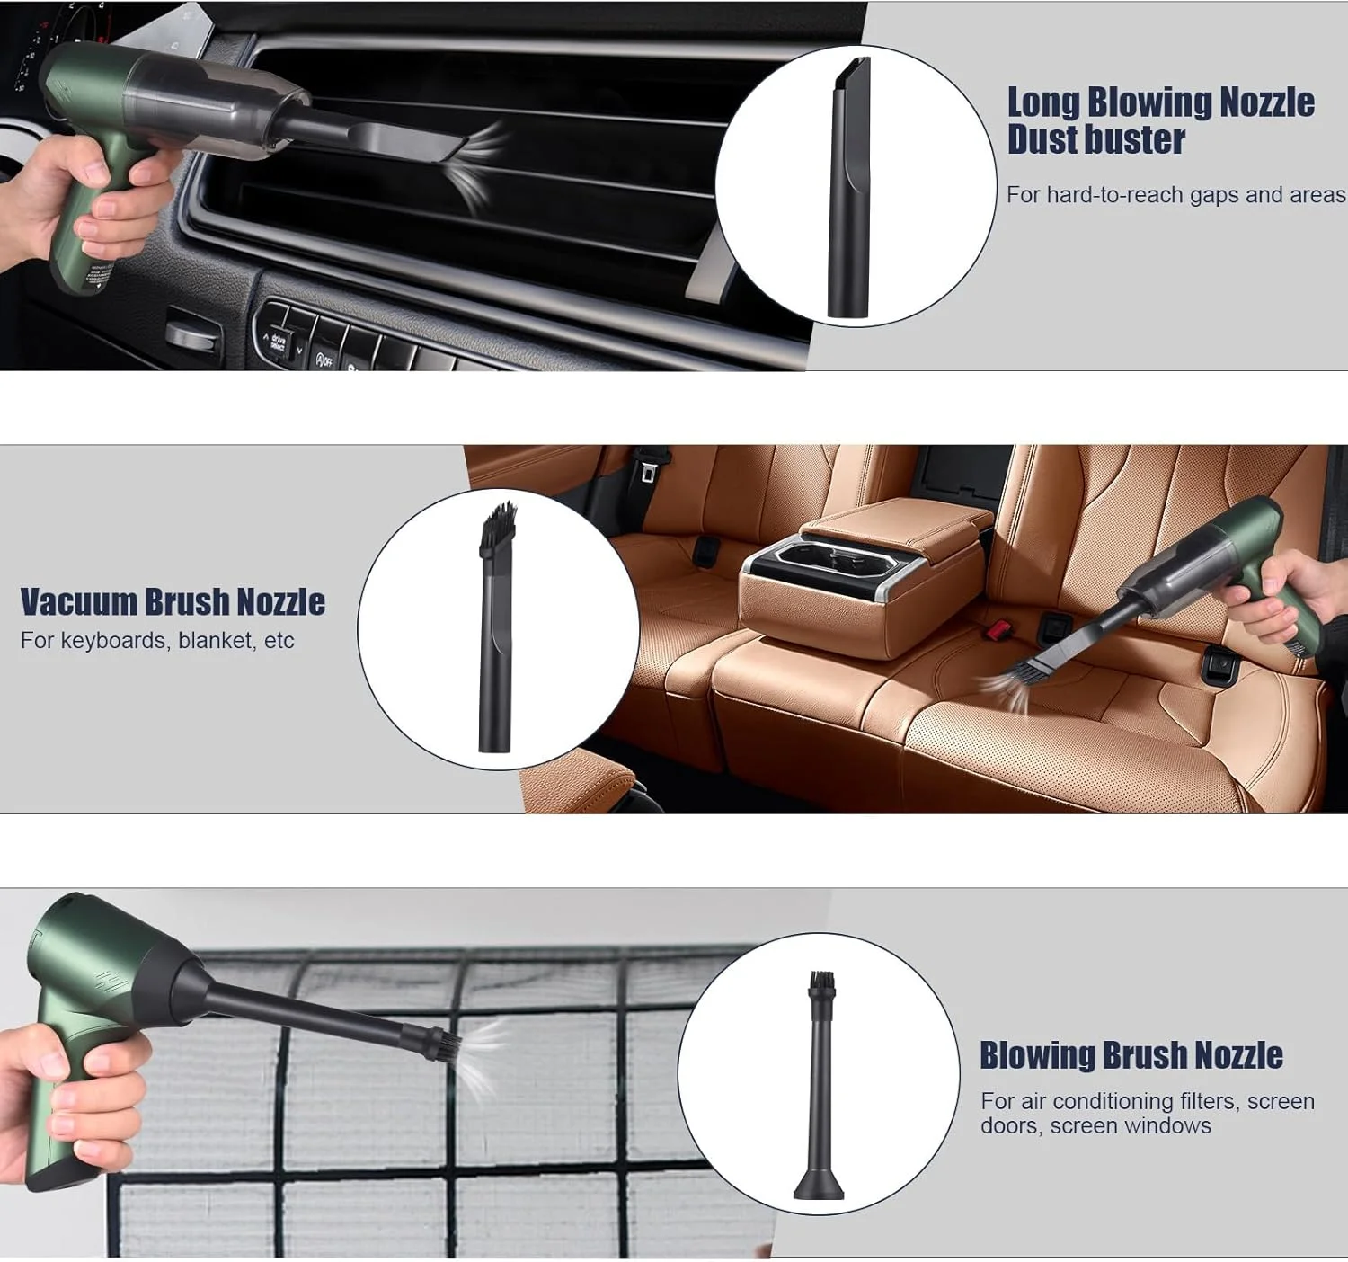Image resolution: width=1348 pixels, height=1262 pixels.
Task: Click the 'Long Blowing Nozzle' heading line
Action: coord(1161,103)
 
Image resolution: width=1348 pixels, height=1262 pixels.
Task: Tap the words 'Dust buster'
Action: coord(1096,140)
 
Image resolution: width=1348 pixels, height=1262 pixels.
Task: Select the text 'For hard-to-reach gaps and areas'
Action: coord(1175,195)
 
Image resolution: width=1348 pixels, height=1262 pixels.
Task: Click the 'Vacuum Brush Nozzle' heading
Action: coord(173,601)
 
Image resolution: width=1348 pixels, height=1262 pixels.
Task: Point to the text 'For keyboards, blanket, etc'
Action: coord(157,640)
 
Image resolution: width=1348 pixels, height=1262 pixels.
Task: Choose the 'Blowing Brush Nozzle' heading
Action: coord(1131,1055)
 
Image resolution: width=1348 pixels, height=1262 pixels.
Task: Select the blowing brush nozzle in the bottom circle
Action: coord(820,1086)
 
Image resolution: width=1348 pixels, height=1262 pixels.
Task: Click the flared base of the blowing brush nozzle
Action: coord(820,1183)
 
